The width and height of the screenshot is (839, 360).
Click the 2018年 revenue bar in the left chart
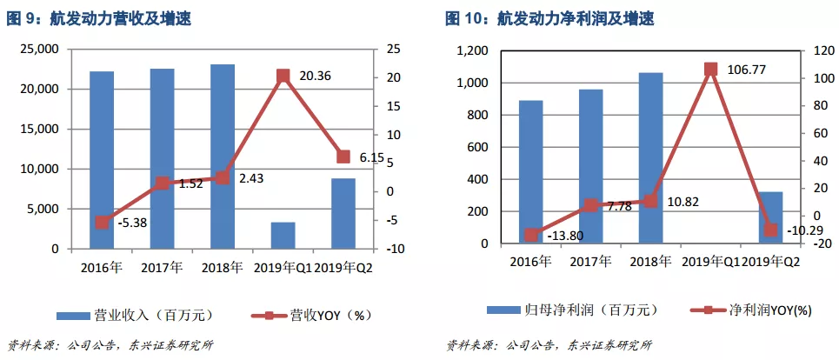pyautogui.click(x=223, y=157)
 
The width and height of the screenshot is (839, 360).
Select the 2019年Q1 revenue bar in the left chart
pyautogui.click(x=283, y=235)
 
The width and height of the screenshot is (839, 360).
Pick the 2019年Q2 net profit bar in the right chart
pyautogui.click(x=770, y=217)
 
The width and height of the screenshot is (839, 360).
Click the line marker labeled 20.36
pyautogui.click(x=283, y=76)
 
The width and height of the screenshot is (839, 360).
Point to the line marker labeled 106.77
pyautogui.click(x=710, y=69)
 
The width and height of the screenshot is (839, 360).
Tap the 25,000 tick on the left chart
pyautogui.click(x=37, y=50)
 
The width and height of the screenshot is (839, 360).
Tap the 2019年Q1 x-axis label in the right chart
pyautogui.click(x=710, y=261)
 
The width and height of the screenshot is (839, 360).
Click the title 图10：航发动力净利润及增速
pyautogui.click(x=549, y=18)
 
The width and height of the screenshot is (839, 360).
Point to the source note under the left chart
pyautogui.click(x=110, y=344)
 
